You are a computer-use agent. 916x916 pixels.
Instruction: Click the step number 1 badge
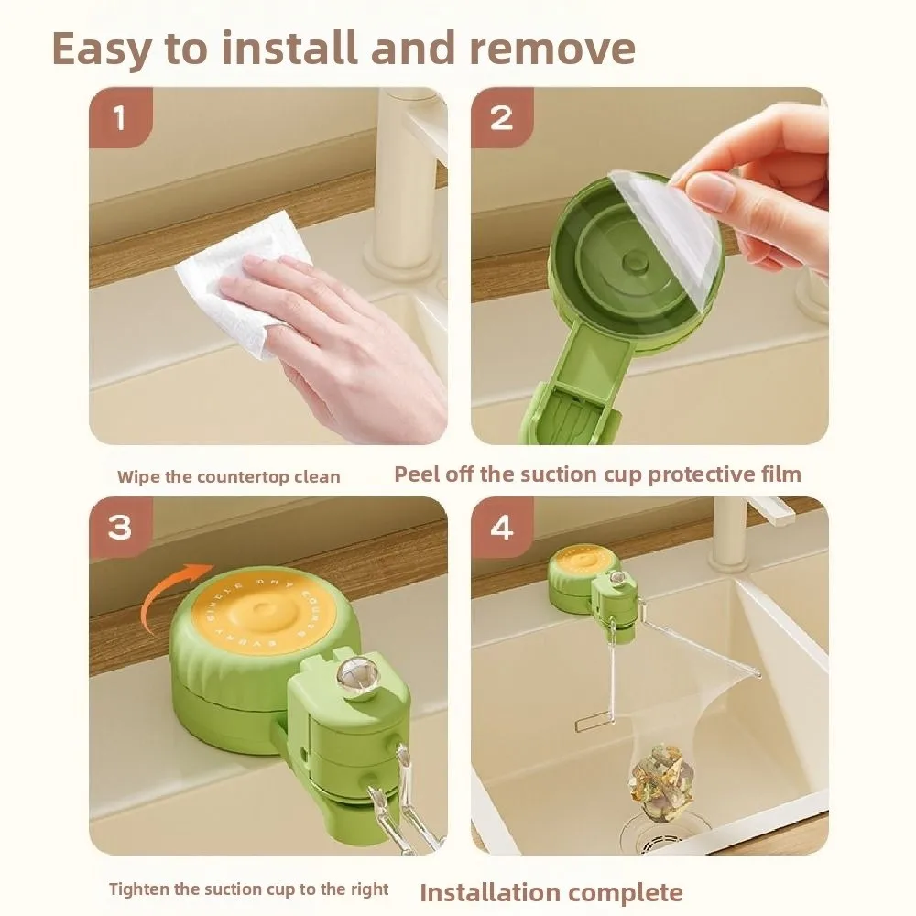coord(119,118)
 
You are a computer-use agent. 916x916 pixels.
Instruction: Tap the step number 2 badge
coord(501,118)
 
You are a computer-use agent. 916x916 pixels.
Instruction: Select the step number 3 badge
coord(119,528)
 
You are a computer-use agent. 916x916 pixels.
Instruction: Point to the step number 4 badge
coord(501,528)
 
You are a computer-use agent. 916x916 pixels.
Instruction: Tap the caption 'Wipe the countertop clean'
coord(228,476)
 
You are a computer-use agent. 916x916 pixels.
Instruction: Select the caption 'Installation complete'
coord(551,891)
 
